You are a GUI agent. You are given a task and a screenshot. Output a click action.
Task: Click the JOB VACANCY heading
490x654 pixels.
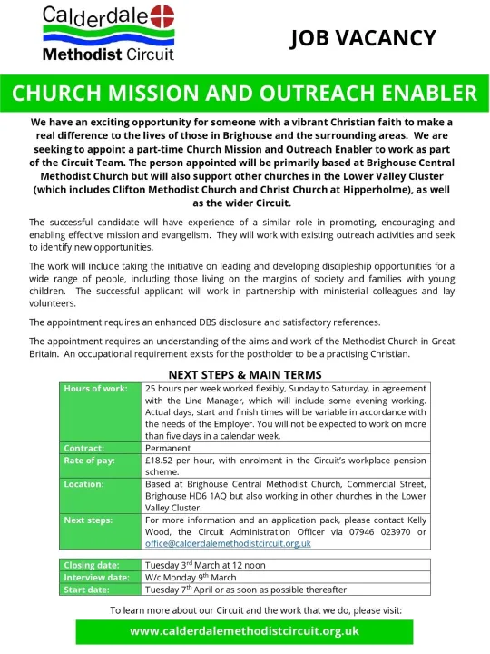(363, 38)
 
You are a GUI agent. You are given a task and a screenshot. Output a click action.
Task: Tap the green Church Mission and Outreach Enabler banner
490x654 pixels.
(245, 94)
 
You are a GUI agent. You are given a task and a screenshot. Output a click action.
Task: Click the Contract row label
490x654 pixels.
(83, 448)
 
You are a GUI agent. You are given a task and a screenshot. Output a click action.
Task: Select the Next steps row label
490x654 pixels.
(88, 520)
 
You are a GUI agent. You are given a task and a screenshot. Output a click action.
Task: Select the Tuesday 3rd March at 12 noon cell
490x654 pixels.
(210, 565)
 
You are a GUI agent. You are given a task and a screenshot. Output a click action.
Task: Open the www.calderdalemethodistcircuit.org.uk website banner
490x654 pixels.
(245, 630)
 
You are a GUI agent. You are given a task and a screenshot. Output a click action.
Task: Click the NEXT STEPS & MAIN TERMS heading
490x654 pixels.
(245, 373)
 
